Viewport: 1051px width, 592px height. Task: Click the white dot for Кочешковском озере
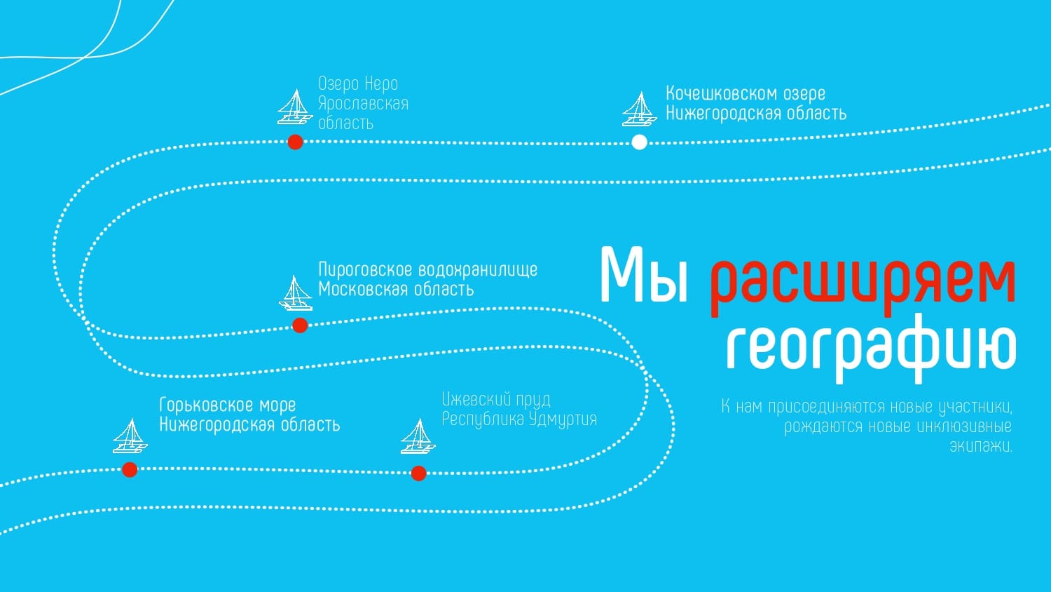[x=639, y=142]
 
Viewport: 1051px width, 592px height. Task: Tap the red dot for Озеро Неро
[x=295, y=142]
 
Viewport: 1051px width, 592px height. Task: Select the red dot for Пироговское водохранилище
[x=300, y=325]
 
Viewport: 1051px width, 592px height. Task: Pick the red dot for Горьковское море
[x=130, y=470]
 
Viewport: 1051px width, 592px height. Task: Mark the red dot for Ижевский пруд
[x=418, y=473]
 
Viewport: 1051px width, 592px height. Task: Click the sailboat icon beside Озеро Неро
[x=294, y=107]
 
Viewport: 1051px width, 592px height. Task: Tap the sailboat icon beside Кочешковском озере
[x=639, y=109]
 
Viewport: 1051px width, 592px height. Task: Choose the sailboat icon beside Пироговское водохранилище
[x=296, y=292]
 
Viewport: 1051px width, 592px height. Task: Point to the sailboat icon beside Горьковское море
[x=130, y=436]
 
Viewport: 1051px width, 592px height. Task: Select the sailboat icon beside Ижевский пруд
[x=418, y=436]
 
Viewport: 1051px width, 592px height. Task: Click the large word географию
[x=870, y=347]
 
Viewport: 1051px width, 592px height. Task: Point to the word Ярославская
[x=363, y=104]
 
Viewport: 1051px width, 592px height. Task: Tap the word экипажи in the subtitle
[x=981, y=446]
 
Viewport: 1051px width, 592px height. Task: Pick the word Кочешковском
[x=721, y=94]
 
